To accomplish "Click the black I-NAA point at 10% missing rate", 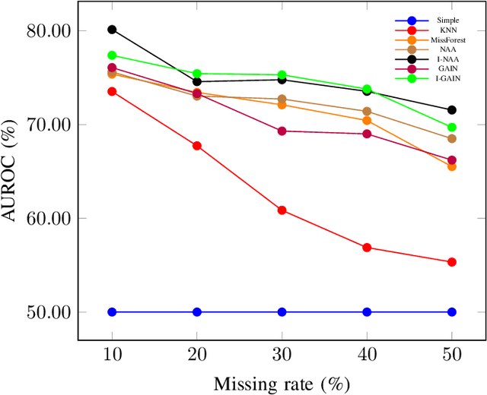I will [112, 30].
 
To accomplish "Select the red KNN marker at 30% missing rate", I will [282, 210].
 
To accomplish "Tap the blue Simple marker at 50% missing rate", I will [451, 312].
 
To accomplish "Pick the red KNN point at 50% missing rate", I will [451, 262].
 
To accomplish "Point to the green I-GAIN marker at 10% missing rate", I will [112, 55].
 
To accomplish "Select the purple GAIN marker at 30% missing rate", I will [282, 131].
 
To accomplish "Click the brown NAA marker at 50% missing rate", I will [451, 138].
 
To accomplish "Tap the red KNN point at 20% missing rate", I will [197, 146].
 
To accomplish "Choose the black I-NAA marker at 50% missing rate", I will [451, 110].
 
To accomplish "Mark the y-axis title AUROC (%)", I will [11, 171].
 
